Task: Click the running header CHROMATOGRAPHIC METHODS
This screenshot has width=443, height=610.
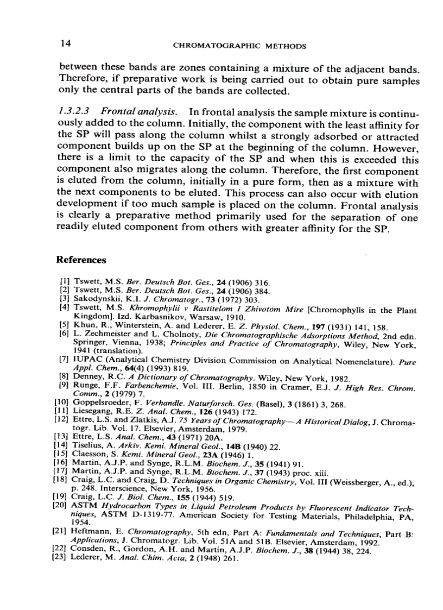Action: tap(239, 46)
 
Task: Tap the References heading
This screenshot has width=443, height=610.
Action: tap(81, 260)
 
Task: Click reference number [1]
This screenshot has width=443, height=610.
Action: tap(64, 283)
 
